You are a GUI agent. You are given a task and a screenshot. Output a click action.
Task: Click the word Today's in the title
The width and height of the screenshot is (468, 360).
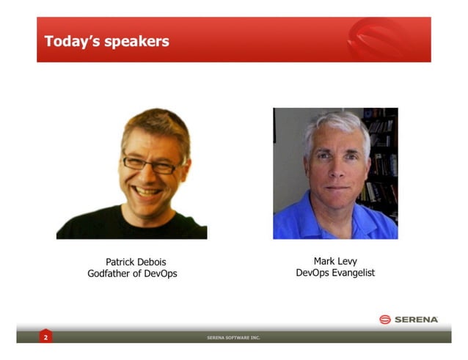pos(70,40)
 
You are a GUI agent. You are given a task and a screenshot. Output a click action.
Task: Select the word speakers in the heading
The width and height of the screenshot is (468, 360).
pos(136,41)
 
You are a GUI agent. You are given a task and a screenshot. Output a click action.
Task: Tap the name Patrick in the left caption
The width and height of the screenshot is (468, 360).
pos(123,261)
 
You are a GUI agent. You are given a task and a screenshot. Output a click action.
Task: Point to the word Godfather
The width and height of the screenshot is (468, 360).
pos(112,273)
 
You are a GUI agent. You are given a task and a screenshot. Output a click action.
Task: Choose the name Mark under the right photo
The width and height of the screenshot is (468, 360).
pos(324,260)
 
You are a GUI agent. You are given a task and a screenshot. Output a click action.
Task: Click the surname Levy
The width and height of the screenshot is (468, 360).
pos(348,260)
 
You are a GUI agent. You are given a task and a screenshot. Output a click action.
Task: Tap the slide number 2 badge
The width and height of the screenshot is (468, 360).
pos(45,337)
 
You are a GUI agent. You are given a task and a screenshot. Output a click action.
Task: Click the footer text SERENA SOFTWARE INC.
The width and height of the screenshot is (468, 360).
pos(233,338)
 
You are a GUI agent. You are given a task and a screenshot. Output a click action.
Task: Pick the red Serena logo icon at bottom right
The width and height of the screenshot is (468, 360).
pos(385,319)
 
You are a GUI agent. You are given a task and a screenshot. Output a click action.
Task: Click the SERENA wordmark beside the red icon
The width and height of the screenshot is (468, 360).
pos(416,319)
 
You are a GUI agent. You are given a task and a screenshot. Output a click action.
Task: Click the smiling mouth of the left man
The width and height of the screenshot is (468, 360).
pos(149,191)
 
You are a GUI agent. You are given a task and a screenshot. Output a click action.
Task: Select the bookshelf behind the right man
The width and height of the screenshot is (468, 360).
pos(381,161)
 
